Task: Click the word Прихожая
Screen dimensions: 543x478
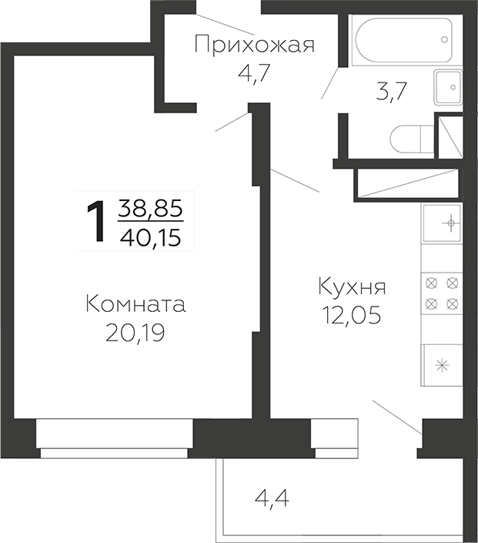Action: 254,45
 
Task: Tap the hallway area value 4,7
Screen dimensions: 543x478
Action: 255,75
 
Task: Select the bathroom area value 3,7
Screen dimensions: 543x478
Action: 390,92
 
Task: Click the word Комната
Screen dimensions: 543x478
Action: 135,303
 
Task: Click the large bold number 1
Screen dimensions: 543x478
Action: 95,220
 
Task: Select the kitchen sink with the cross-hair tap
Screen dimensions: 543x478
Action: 442,224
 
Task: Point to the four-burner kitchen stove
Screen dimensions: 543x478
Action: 442,293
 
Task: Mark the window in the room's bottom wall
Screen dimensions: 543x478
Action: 114,439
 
